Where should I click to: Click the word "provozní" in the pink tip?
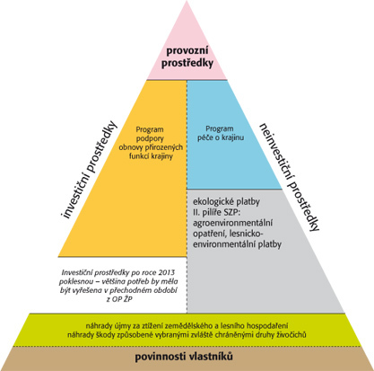pos(187,51)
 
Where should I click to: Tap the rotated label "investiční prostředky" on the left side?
pos(89,170)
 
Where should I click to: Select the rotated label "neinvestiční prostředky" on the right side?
pos(290,177)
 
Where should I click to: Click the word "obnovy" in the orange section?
pos(131,147)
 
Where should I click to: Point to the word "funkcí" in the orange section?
pos(140,156)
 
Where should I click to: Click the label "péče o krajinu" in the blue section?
pos(221,138)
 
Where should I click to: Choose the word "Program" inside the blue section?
pos(220,129)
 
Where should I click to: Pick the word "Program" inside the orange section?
pos(150,130)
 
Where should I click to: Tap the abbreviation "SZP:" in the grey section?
pos(236,213)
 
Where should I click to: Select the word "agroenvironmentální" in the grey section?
pos(233,224)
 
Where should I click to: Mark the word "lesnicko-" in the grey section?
pos(248,234)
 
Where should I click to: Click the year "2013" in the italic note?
pos(168,272)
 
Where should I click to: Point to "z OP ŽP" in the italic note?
pos(119,299)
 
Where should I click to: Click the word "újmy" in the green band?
pos(118,326)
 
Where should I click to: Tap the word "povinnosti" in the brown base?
pos(161,357)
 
